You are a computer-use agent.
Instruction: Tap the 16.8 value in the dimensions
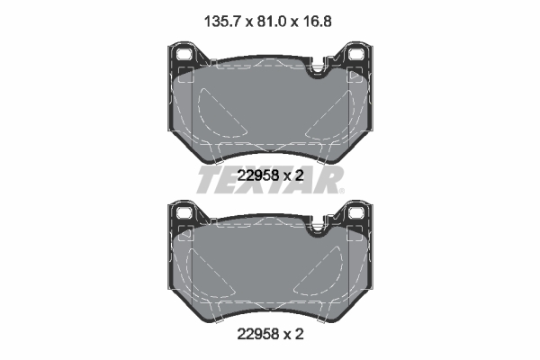tap(316, 14)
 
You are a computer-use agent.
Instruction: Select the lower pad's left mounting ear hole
tap(186, 214)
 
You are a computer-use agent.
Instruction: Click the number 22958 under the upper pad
tap(257, 176)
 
